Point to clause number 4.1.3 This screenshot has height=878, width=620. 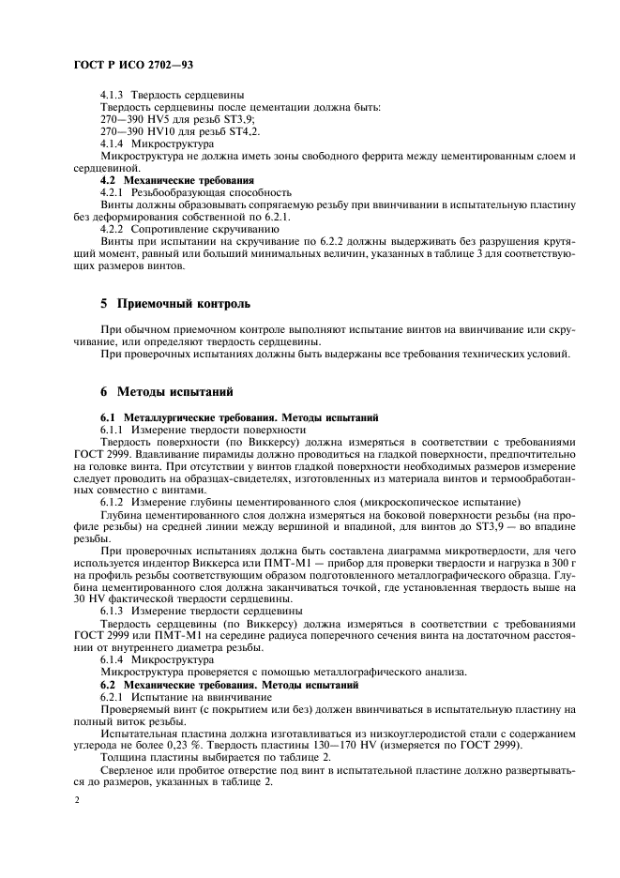(x=113, y=96)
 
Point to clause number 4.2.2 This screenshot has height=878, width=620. (x=113, y=228)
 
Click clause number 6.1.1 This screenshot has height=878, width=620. (x=113, y=428)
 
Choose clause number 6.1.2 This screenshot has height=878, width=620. (x=113, y=502)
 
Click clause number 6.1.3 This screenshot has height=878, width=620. (x=113, y=611)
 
